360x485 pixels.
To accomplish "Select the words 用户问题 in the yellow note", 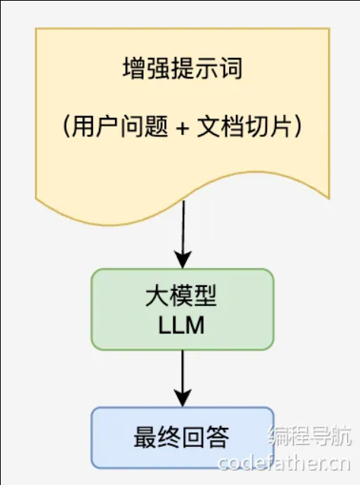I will [115, 126].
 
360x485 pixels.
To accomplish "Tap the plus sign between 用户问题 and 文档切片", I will [181, 127].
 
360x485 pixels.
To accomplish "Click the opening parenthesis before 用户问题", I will [67, 126].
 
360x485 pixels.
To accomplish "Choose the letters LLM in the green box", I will [182, 325].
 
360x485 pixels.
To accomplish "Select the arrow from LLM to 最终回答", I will [182, 373].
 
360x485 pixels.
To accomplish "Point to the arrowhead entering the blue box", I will [182, 398].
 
